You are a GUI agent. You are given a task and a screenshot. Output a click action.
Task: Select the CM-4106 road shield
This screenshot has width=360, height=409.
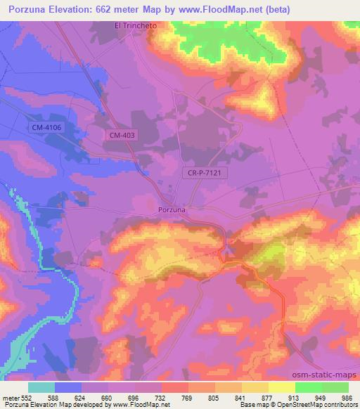click(46, 127)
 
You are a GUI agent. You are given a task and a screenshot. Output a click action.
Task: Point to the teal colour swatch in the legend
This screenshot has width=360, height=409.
click(41, 387)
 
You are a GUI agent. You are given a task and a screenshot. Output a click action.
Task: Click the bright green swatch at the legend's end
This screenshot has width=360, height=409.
click(336, 387)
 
